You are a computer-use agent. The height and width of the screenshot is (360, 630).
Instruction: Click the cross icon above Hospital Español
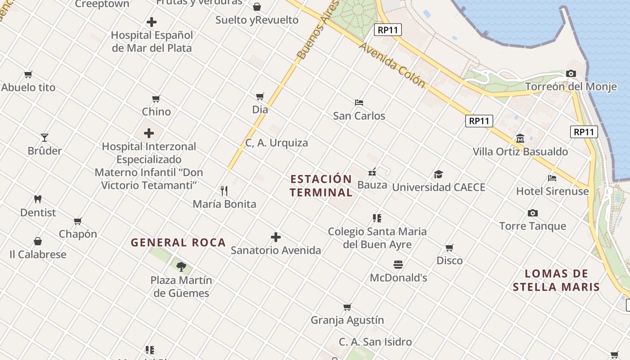(x=152, y=22)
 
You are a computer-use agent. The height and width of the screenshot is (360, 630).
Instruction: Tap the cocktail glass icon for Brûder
(x=44, y=137)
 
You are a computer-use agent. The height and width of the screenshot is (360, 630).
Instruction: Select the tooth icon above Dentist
(x=38, y=199)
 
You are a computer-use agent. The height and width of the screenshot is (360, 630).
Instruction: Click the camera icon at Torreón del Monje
(x=571, y=73)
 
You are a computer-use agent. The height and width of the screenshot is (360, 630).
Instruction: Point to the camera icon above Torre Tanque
(x=533, y=213)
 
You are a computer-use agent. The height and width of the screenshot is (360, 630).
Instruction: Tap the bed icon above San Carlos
(x=359, y=103)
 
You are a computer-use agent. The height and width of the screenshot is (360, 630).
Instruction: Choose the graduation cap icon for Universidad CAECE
(x=438, y=174)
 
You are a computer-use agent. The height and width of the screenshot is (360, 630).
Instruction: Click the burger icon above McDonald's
(x=398, y=264)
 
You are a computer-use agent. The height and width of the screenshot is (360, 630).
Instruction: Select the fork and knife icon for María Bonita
(x=224, y=191)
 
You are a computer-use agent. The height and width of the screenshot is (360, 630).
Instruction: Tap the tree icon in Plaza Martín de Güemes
(x=181, y=267)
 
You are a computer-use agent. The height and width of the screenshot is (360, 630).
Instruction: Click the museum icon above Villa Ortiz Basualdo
(x=520, y=138)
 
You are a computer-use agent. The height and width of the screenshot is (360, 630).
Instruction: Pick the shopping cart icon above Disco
(x=449, y=247)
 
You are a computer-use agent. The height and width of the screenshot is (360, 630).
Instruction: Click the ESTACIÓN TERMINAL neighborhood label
(x=321, y=186)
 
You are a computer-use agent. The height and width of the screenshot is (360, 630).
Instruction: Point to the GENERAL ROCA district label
(x=178, y=243)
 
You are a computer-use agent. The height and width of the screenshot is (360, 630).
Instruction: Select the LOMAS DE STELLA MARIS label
(x=556, y=280)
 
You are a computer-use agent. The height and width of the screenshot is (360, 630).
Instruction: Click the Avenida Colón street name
(x=392, y=65)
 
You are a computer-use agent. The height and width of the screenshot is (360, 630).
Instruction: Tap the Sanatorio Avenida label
(x=276, y=250)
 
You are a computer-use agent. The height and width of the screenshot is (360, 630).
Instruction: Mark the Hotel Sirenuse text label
(x=552, y=191)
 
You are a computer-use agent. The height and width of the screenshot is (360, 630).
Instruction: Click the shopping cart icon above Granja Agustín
(x=347, y=307)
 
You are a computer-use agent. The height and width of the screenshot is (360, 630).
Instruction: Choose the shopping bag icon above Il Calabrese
(x=38, y=241)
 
